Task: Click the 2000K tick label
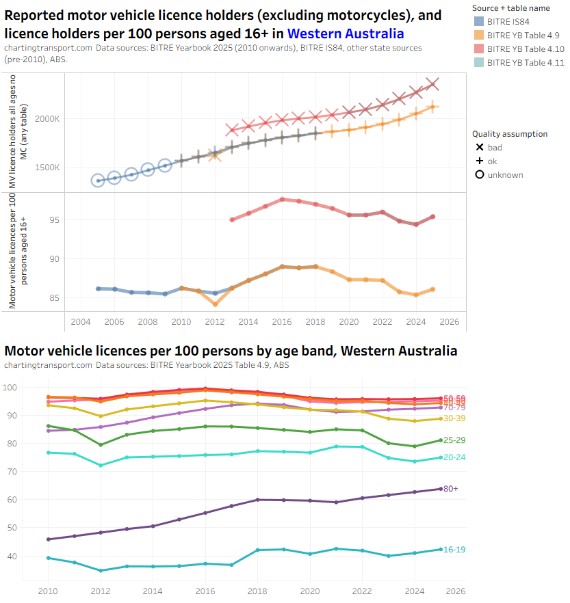pyautogui.click(x=48, y=119)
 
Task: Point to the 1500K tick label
pyautogui.click(x=48, y=167)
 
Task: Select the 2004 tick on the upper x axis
pyautogui.click(x=81, y=322)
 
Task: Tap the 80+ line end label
pyautogui.click(x=450, y=489)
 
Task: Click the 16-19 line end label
pyautogui.click(x=454, y=550)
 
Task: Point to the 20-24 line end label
pyautogui.click(x=454, y=458)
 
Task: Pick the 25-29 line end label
pyautogui.click(x=454, y=440)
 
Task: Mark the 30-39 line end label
pyautogui.click(x=454, y=418)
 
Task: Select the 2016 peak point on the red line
pyautogui.click(x=282, y=200)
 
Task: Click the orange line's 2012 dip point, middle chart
pyautogui.click(x=215, y=304)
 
